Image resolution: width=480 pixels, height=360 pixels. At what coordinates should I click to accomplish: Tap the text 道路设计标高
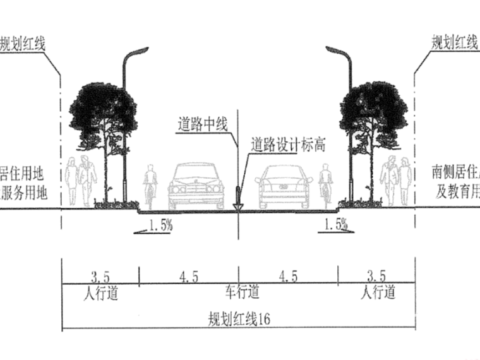tap(288, 145)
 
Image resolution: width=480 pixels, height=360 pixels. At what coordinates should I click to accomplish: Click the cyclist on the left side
tap(150, 186)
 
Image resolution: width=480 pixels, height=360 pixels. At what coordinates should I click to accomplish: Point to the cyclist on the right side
tap(326, 186)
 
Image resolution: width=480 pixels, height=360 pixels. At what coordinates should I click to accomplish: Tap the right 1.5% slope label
tap(335, 225)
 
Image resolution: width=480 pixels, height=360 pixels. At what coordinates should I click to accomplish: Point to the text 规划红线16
tap(239, 318)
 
